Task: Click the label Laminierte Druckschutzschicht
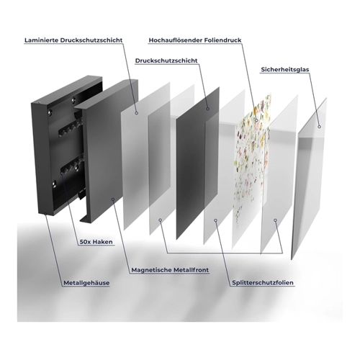click(73, 40)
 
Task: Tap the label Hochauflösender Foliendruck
click(195, 40)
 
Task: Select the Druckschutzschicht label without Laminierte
click(166, 60)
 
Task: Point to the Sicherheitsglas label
click(285, 70)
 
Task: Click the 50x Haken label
click(96, 242)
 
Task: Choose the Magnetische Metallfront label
click(170, 270)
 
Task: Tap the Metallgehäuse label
click(86, 283)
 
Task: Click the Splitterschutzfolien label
click(263, 283)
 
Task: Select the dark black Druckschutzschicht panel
click(197, 163)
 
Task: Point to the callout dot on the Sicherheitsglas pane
click(319, 127)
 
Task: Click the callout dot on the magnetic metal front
click(113, 199)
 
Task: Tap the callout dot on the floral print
click(256, 120)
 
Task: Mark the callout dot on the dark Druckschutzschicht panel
click(208, 109)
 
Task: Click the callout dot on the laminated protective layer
click(136, 112)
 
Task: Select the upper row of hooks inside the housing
click(70, 129)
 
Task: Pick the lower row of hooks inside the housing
click(72, 165)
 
